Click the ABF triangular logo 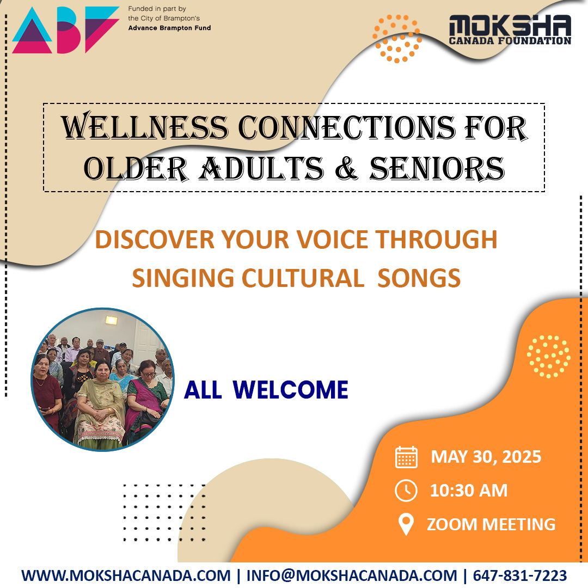pos(65,30)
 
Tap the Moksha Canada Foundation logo pos(510,30)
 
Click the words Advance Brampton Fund pos(169,28)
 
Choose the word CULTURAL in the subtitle pos(302,279)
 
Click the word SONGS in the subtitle pos(419,279)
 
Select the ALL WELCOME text pos(266,390)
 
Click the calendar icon pos(406,457)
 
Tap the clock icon pos(406,491)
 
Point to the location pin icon pos(406,524)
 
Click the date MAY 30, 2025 pos(486,457)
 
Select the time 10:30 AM pos(469,491)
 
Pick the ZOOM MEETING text pos(491,524)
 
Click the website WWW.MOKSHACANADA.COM pos(126,575)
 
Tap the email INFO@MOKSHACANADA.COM pos(352,575)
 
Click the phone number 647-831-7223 pos(519,575)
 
